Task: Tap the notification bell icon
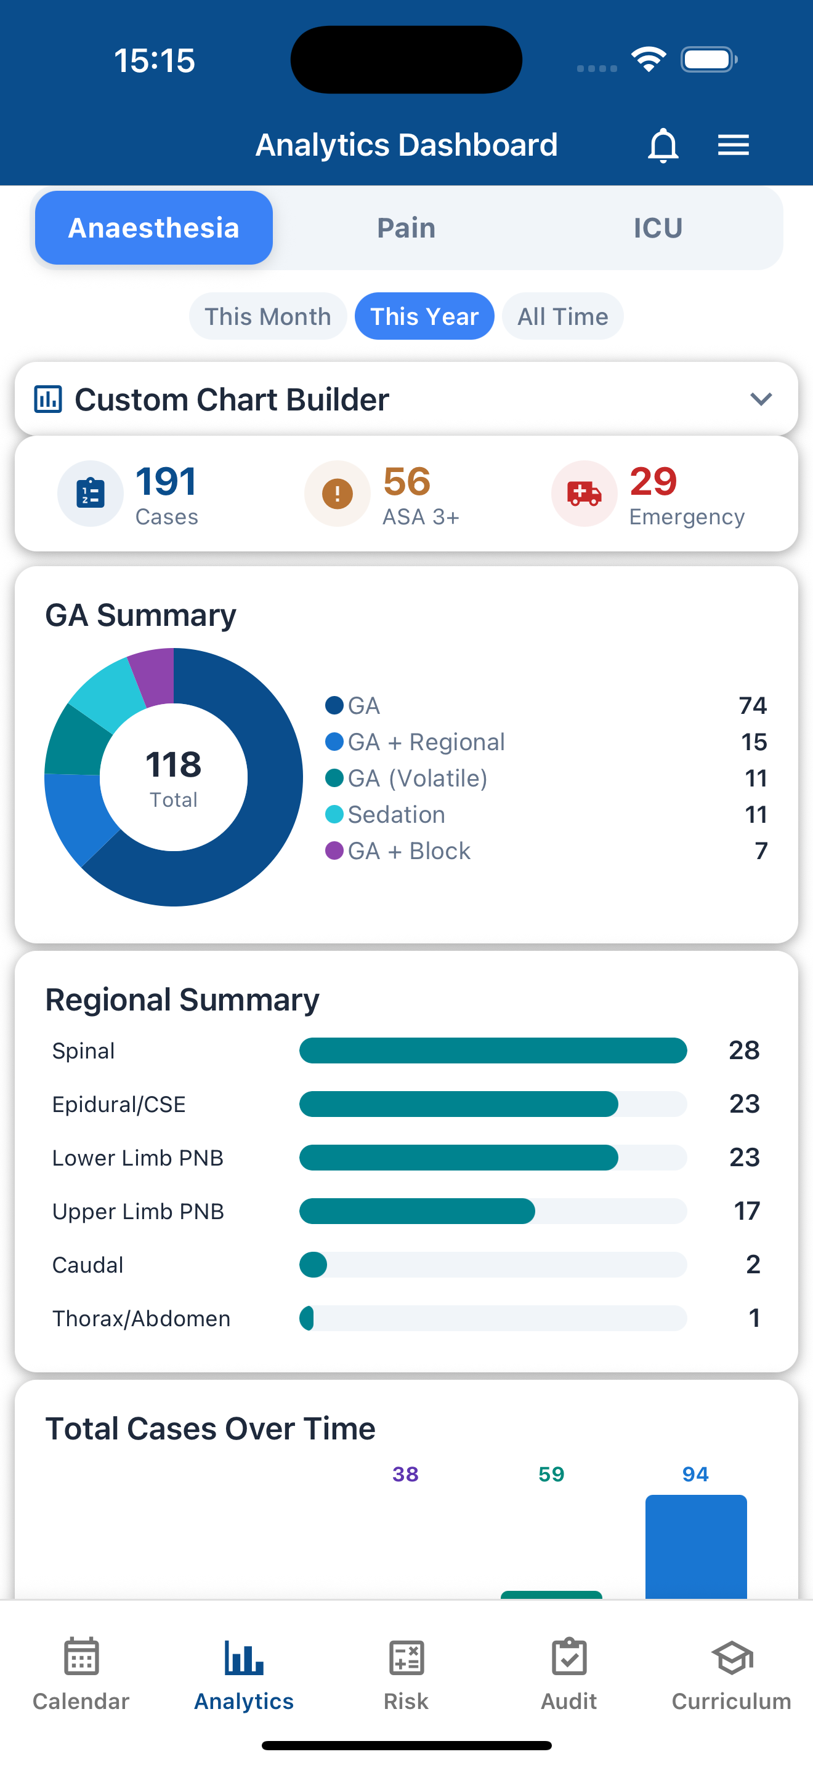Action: tap(663, 145)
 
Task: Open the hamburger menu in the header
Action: tap(733, 145)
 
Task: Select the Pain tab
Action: tap(406, 228)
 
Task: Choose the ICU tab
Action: tap(657, 228)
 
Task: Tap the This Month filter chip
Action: tap(268, 316)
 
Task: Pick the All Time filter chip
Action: tap(562, 316)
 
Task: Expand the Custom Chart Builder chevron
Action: tap(761, 399)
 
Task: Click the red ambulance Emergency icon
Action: tap(584, 494)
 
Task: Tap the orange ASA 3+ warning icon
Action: tap(338, 494)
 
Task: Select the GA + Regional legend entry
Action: tap(426, 742)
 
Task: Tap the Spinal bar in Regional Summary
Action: tap(493, 1051)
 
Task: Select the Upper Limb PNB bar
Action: tap(417, 1211)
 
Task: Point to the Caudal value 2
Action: tap(753, 1264)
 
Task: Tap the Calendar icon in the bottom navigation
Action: tap(81, 1658)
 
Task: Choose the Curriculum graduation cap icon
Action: tap(732, 1658)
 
